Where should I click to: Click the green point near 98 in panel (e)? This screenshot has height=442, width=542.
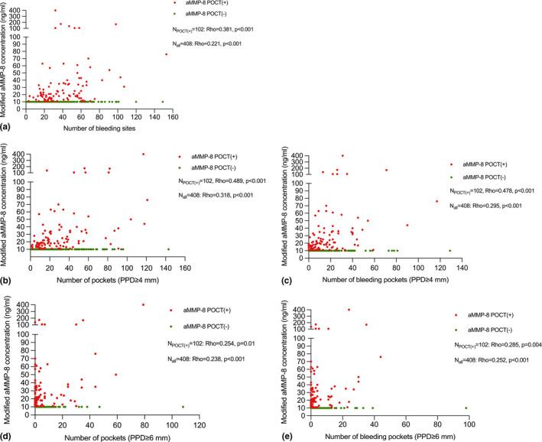pos(466,408)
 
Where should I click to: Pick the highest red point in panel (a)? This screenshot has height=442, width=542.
pos(55,11)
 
